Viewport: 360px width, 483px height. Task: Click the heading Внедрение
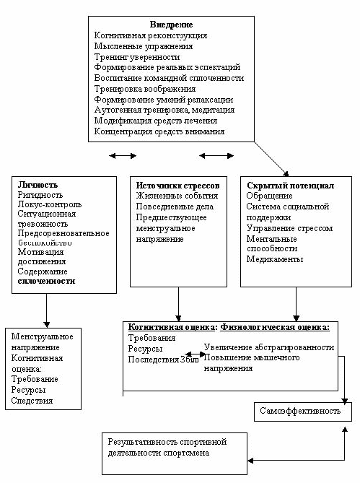point(172,25)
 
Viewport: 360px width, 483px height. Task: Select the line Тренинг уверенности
point(137,57)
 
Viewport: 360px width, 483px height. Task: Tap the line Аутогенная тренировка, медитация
point(164,110)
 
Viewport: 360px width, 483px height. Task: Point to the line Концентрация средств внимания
point(159,131)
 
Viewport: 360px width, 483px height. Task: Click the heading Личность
point(38,185)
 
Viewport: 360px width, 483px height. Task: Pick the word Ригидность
point(40,195)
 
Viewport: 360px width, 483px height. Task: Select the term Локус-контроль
point(50,204)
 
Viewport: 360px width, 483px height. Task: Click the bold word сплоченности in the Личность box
point(46,281)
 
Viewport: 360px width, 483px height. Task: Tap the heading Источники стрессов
point(178,186)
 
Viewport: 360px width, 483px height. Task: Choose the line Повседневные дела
point(175,206)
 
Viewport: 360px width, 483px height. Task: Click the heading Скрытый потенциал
point(290,186)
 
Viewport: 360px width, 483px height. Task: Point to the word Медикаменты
point(275,259)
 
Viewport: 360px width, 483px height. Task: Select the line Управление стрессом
point(289,228)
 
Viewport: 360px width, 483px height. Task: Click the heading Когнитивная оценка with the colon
point(172,327)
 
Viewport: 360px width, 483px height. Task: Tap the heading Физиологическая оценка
point(275,327)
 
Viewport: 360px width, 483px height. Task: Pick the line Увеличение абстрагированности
point(269,347)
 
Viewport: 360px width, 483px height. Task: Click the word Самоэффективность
point(300,411)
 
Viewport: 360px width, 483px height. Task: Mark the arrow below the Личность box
point(46,310)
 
